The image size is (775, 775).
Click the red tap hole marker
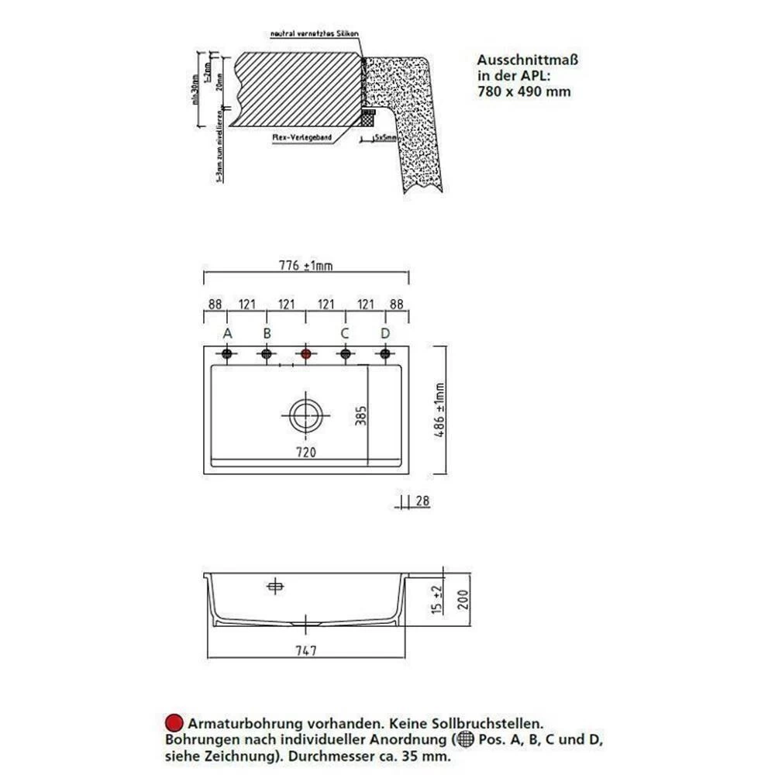[305, 354]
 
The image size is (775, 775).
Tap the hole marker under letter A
[227, 354]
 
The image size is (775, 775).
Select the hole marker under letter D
[384, 354]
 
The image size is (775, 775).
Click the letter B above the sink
[267, 333]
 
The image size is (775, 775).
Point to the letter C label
[344, 333]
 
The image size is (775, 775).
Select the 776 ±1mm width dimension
[306, 267]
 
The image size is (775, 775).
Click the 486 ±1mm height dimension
[440, 411]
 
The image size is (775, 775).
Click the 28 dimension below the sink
[423, 502]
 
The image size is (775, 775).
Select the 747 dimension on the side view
[308, 651]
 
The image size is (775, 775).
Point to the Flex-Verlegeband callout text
[301, 137]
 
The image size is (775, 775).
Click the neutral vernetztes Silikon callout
[314, 34]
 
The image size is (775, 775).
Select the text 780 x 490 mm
[524, 91]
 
